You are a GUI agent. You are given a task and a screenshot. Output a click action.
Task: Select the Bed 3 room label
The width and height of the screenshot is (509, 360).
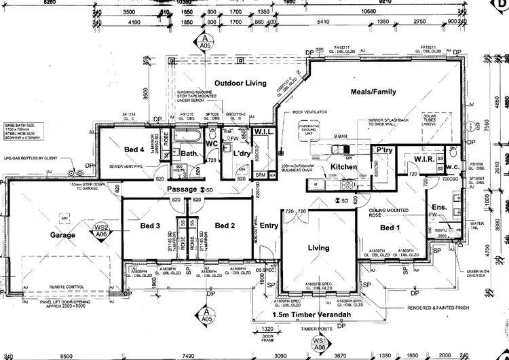tap(150, 226)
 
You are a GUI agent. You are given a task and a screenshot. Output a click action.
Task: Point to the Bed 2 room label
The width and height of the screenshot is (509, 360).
tap(224, 226)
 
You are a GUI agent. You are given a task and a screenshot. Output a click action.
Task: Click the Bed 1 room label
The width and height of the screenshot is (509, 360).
tap(391, 227)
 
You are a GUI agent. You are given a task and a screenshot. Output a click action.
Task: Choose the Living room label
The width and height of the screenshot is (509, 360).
tap(318, 249)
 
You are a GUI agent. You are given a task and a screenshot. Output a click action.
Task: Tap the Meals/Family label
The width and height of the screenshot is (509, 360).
tap(373, 92)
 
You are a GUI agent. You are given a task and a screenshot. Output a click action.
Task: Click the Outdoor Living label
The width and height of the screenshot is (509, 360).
tap(238, 83)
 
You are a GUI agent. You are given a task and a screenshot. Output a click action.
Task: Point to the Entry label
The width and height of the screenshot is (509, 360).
tap(269, 226)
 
